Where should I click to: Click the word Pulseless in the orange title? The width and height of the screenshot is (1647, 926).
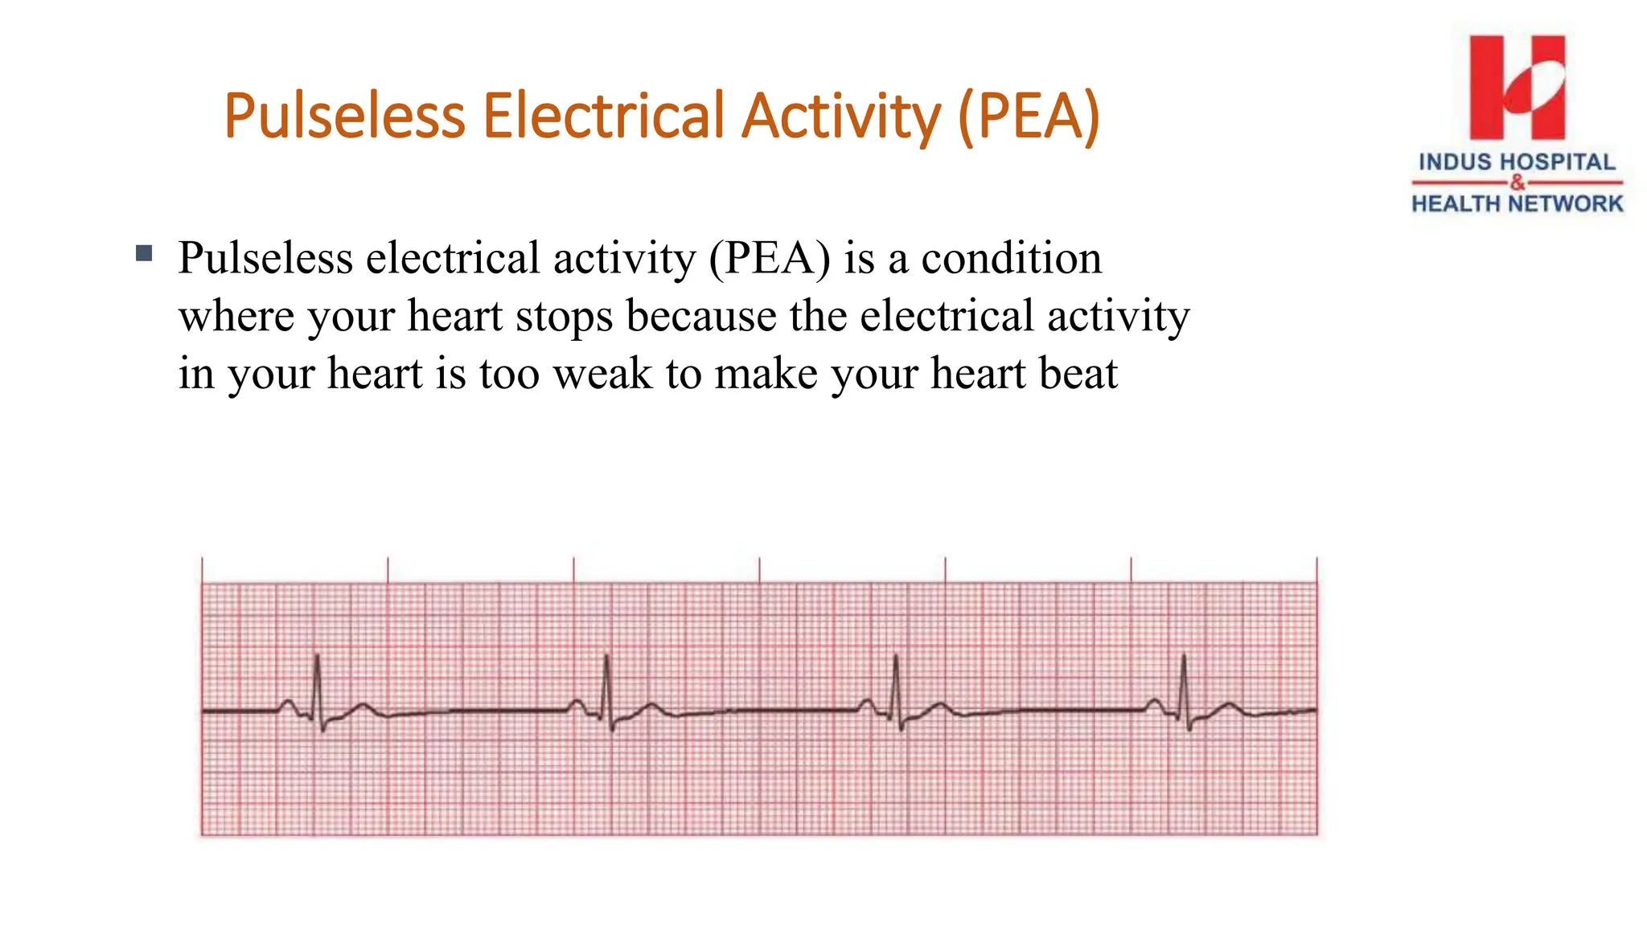(x=344, y=116)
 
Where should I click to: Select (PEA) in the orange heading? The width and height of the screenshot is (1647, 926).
(x=1029, y=116)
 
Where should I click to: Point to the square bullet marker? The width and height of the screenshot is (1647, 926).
(x=145, y=254)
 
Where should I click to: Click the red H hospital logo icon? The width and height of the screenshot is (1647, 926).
(x=1517, y=87)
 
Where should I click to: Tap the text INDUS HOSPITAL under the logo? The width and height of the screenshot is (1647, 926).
(x=1517, y=162)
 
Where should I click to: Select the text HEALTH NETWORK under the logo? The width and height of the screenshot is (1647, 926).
(x=1517, y=204)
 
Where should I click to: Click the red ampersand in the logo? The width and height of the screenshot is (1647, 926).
(x=1517, y=182)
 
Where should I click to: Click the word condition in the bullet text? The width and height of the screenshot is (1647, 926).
(x=1011, y=258)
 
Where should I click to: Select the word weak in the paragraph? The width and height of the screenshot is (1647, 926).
(x=602, y=373)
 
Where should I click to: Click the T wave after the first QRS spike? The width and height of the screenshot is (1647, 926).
(x=363, y=707)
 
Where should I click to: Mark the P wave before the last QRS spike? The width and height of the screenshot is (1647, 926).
(x=1154, y=703)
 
